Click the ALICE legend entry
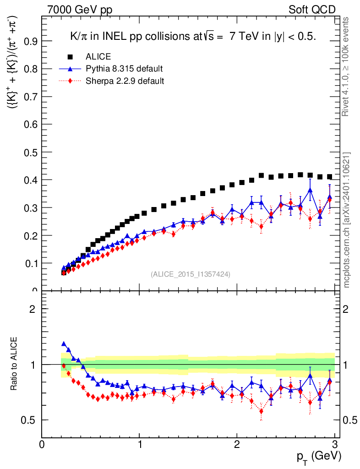pos(98,57)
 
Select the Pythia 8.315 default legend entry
pos(124,69)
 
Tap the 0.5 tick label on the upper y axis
pos(31,153)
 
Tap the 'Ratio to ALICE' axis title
pos(14,364)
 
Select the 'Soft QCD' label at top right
pos(312,9)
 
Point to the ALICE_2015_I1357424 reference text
pos(191,274)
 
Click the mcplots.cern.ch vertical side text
pos(347,220)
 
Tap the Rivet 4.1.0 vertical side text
pos(347,66)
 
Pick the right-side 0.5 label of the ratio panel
pos(350,420)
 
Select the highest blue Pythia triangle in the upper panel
pos(310,190)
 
